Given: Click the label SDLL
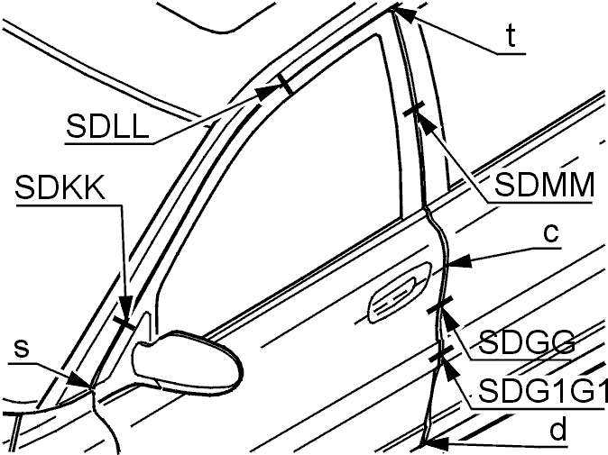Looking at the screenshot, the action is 107,126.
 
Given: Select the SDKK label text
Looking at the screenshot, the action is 60,187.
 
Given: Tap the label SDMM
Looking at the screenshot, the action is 544,185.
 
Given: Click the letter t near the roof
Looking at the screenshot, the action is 511,37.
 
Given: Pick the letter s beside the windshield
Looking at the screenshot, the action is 22,349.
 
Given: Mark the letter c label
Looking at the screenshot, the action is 550,233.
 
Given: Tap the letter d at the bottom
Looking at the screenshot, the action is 558,429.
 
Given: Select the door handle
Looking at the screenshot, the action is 401,292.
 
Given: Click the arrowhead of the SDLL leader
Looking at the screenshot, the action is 268,93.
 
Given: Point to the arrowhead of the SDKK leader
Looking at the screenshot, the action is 126,309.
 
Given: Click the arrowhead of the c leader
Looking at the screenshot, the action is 460,262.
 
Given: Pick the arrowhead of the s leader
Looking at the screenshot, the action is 79,380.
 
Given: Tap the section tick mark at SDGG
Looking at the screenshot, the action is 440,305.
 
